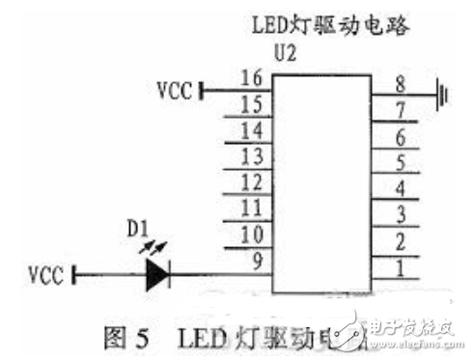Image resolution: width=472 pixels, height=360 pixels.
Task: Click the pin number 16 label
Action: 253,78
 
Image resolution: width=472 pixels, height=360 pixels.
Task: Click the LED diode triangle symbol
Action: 155,277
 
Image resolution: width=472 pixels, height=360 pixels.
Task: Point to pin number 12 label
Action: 253,182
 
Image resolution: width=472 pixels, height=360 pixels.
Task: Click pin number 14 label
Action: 253,130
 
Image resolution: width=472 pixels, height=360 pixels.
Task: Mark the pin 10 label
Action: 253,235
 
